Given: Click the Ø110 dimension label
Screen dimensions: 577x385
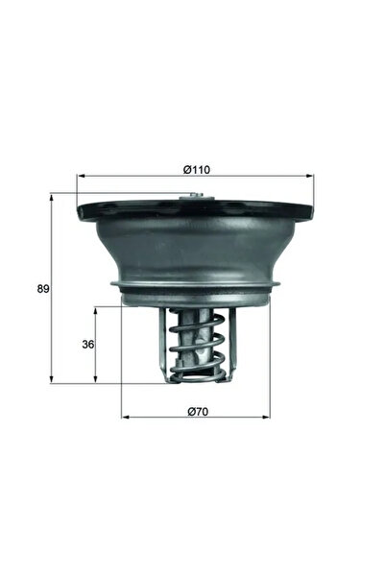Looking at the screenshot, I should (196, 170).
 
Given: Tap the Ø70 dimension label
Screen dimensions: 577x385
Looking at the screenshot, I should (196, 411).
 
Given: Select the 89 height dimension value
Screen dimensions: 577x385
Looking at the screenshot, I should (43, 288).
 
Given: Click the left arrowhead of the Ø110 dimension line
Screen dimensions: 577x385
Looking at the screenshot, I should (81, 177).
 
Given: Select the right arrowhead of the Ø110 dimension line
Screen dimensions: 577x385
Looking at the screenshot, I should (310, 177).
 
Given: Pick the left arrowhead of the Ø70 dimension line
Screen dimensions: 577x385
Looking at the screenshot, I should (125, 418).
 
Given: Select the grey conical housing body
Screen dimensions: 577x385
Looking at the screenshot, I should (196, 250).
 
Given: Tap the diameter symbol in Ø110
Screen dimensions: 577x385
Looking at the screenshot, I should (186, 170).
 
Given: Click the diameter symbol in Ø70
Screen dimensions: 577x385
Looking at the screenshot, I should (188, 411).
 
